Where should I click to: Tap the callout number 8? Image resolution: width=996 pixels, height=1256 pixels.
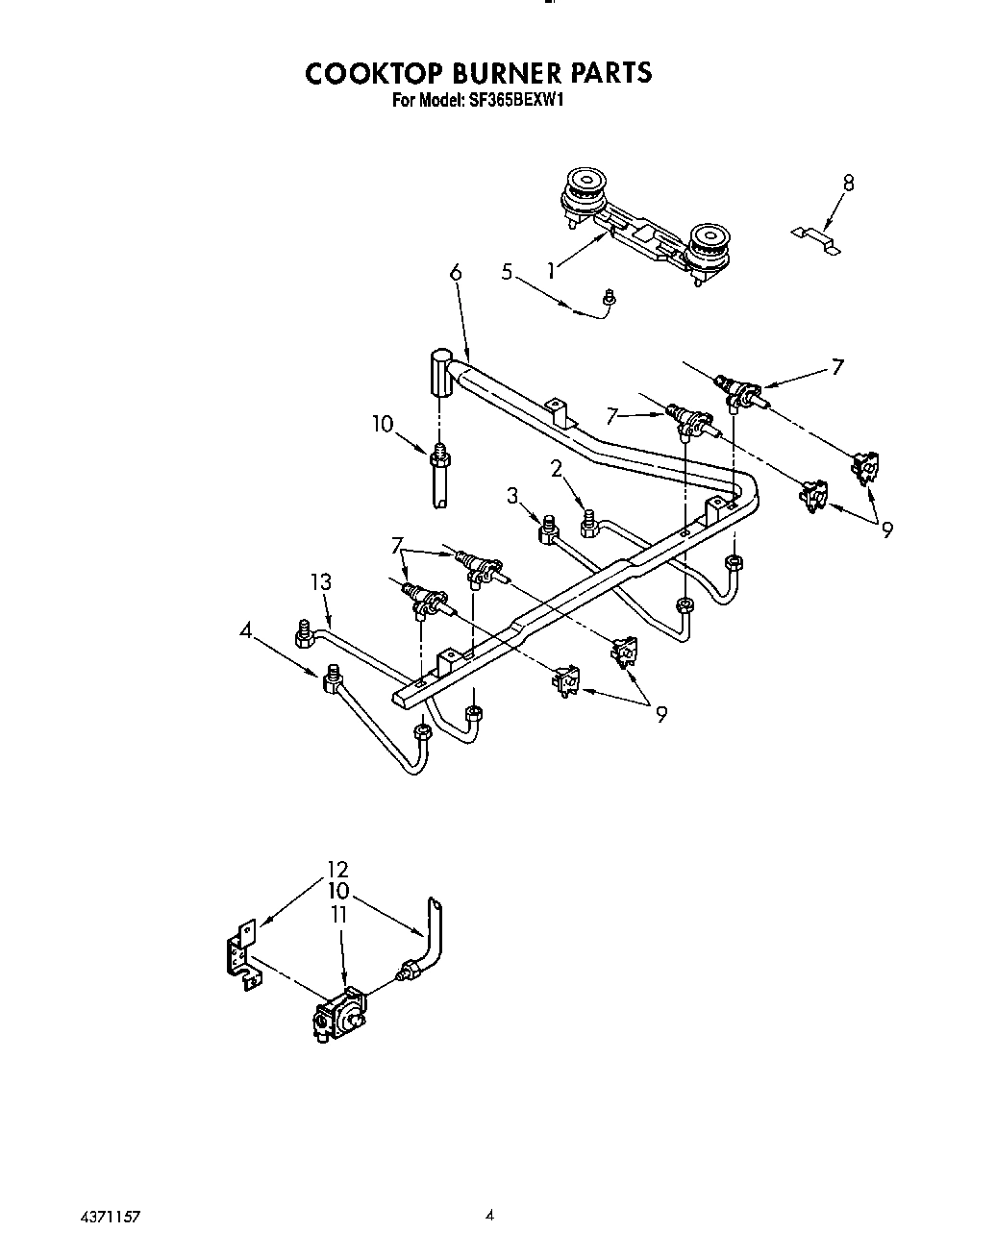point(847,183)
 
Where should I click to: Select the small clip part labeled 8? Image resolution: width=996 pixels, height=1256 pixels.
point(815,238)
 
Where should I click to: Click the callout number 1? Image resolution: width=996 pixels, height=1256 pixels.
point(550,271)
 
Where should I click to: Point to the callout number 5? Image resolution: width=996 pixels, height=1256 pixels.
point(507,272)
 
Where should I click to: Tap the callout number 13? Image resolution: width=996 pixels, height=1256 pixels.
point(321,581)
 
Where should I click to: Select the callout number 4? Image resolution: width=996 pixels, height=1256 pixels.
point(247,631)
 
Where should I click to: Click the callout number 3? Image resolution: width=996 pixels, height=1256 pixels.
point(512,495)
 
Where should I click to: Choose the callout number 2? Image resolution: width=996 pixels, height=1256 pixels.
point(556,468)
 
